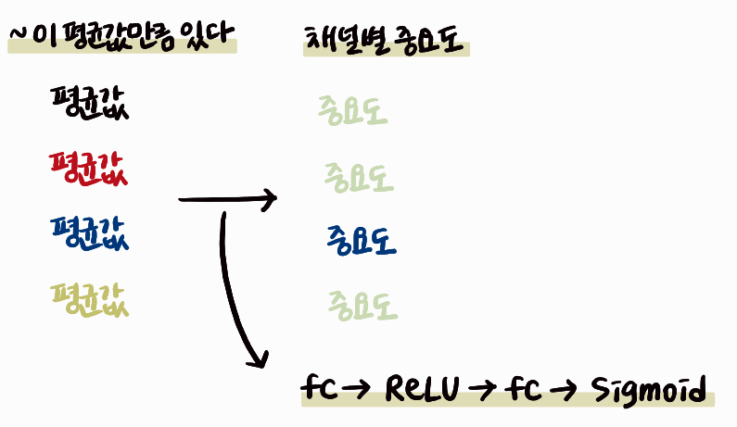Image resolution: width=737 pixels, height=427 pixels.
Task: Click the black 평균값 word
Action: [x=90, y=104]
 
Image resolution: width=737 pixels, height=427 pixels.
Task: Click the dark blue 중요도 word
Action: [x=362, y=241]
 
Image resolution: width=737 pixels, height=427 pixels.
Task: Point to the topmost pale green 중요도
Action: [x=351, y=110]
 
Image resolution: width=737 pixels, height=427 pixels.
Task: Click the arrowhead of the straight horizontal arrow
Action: [x=270, y=197]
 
